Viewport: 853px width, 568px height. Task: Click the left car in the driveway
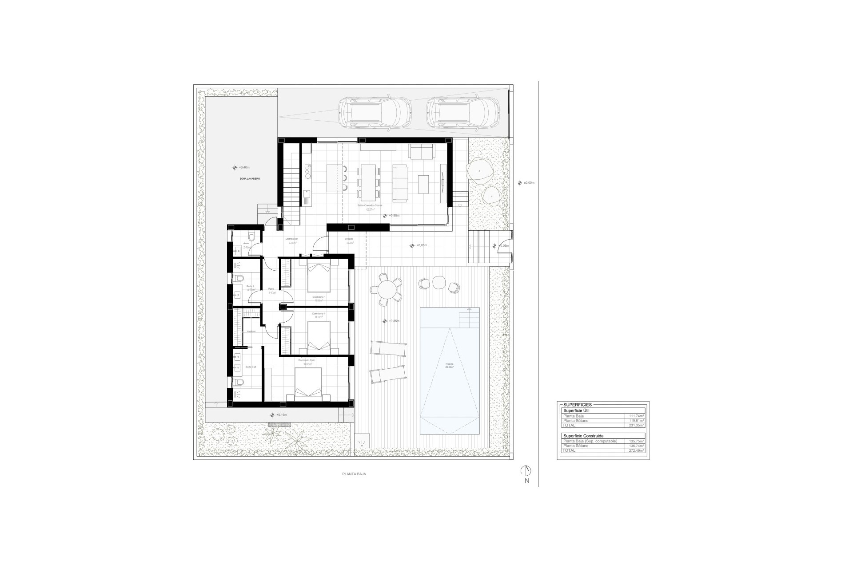(375, 113)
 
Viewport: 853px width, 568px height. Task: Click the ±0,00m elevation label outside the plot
(528, 183)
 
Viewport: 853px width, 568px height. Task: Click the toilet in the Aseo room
(251, 237)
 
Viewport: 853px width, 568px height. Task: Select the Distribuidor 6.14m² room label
(292, 241)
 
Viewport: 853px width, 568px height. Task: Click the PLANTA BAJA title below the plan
(354, 474)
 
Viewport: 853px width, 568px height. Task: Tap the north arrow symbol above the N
(527, 471)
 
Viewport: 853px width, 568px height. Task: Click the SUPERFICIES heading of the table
(577, 405)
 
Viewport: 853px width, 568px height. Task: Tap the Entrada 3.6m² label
(349, 241)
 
